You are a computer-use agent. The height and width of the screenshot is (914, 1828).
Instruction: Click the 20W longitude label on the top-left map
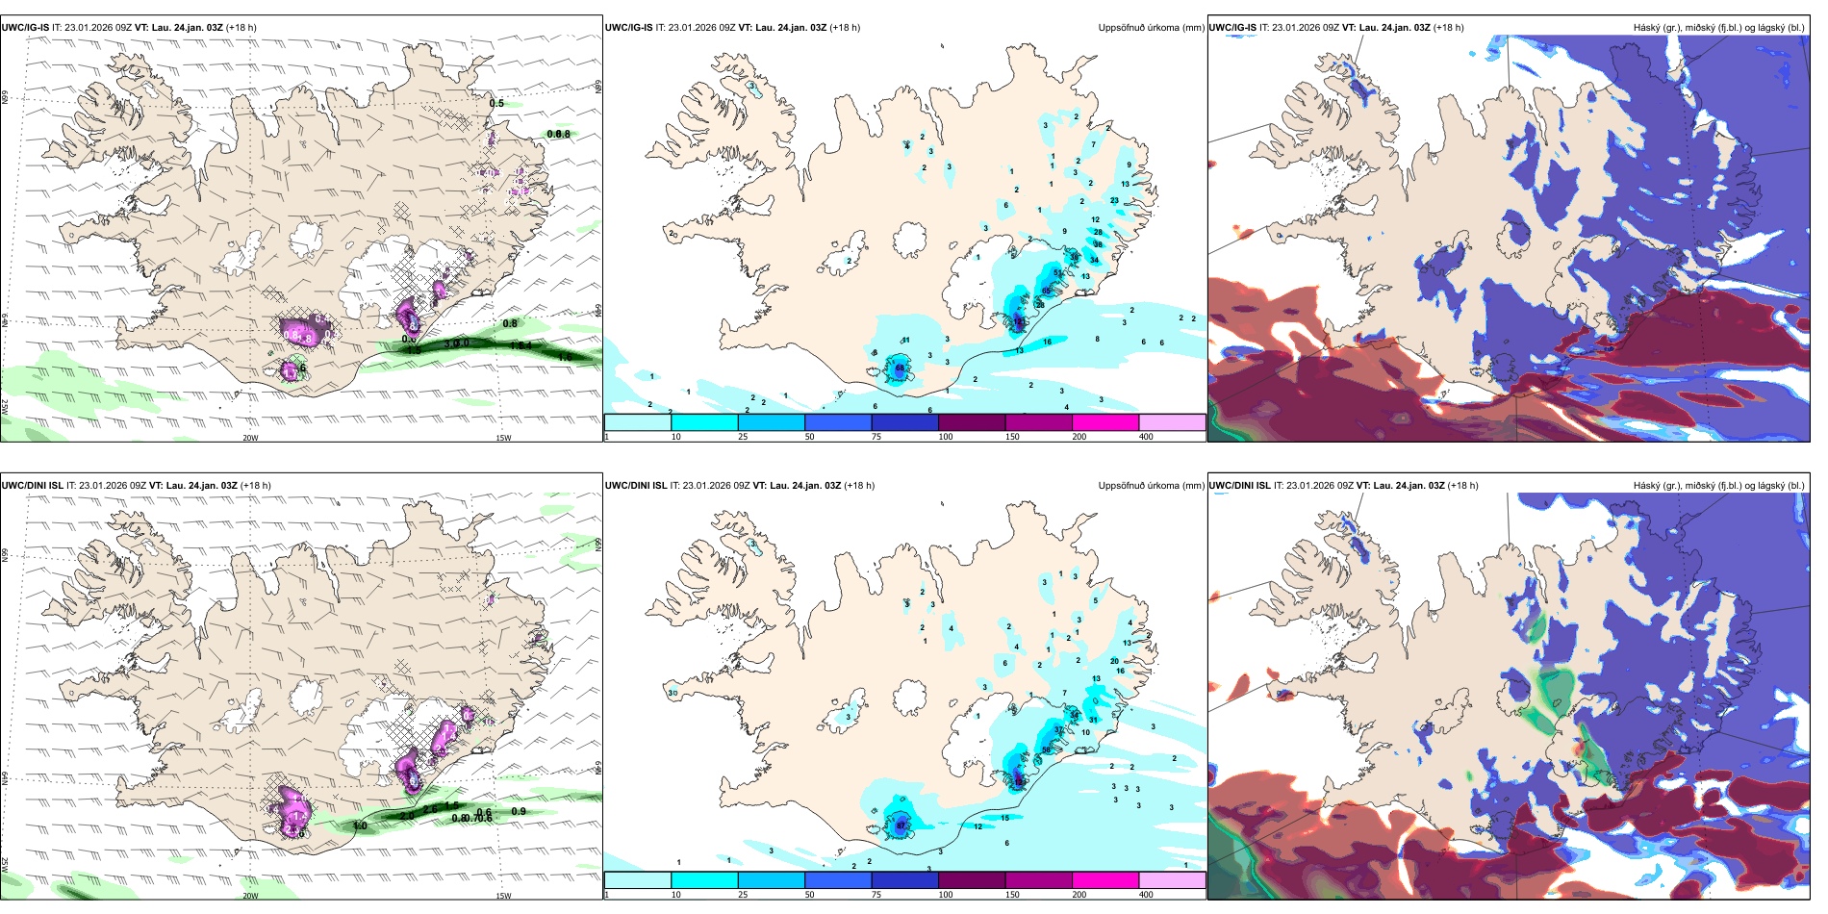click(x=250, y=438)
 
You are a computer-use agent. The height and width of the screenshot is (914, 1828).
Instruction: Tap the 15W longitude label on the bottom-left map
click(x=503, y=896)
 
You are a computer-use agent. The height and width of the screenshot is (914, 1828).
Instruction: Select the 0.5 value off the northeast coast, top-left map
click(x=496, y=103)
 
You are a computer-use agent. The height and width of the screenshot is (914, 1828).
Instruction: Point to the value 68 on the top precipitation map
click(x=901, y=368)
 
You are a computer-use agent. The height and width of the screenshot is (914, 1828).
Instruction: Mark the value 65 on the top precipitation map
click(x=1047, y=291)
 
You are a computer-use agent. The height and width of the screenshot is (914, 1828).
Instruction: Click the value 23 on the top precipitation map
click(x=1114, y=200)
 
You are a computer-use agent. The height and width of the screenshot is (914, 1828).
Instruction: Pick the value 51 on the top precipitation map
click(x=1058, y=273)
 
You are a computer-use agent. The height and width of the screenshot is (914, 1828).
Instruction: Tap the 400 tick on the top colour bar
click(x=1146, y=437)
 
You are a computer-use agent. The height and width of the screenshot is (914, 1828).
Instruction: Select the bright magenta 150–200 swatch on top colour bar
click(x=1105, y=422)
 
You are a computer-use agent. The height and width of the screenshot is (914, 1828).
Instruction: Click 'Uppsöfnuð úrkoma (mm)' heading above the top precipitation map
click(x=1151, y=28)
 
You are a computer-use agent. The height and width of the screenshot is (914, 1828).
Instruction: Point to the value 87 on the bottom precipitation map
click(x=901, y=825)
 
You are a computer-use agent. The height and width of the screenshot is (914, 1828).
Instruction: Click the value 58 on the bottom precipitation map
click(x=1046, y=749)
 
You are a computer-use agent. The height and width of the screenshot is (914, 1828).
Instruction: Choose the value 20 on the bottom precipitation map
click(x=1114, y=661)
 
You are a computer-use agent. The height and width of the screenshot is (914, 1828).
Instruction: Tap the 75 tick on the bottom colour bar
click(x=876, y=895)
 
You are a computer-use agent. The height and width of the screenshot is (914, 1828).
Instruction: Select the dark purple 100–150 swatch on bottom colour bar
click(x=972, y=880)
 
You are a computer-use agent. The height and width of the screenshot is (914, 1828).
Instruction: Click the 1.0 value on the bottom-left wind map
click(x=360, y=825)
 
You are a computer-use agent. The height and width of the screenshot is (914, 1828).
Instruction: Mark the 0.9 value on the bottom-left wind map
click(x=519, y=811)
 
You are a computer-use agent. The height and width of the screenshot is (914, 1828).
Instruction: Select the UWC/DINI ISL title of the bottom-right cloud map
click(x=1239, y=486)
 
